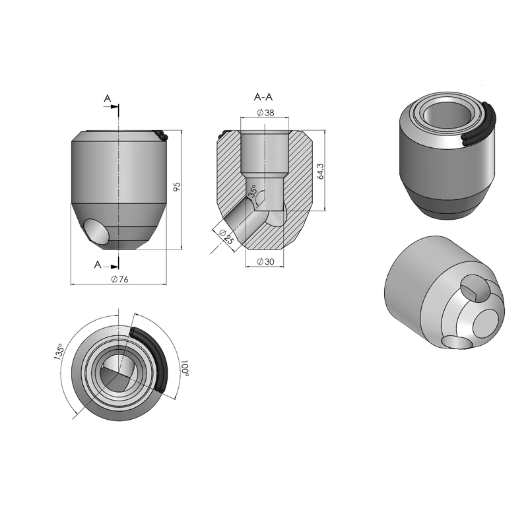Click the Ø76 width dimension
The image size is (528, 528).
coord(119,279)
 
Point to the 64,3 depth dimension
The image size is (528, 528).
coord(321,171)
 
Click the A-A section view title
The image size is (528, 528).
coord(264,98)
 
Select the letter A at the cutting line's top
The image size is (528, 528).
coord(107,99)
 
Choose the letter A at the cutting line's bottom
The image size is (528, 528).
coord(98,265)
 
